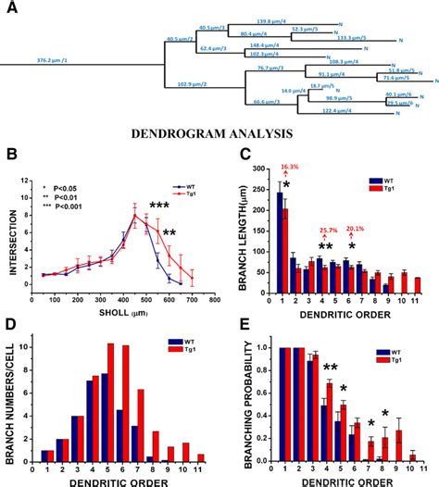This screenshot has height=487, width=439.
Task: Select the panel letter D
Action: [8, 323]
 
